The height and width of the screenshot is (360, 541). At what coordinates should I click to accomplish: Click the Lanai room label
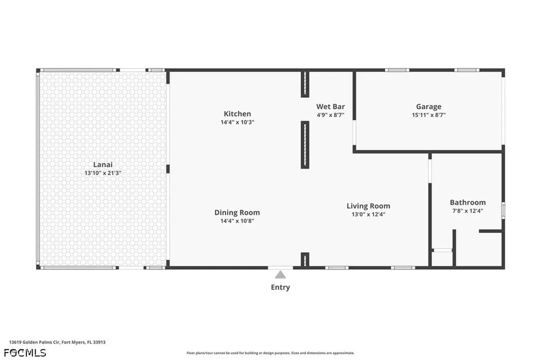click(103, 165)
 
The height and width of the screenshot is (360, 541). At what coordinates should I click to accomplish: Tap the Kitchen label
click(237, 114)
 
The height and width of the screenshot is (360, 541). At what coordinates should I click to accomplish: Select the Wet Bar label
click(331, 107)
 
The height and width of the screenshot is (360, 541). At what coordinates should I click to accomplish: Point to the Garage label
click(428, 107)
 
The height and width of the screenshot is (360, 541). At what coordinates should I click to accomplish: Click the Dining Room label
click(237, 213)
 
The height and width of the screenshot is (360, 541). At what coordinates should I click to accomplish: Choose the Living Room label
click(368, 206)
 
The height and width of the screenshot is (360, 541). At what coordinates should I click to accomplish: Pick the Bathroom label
click(468, 202)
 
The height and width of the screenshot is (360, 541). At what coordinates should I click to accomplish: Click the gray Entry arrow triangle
click(281, 275)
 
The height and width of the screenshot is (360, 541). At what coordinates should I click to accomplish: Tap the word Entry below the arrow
click(280, 287)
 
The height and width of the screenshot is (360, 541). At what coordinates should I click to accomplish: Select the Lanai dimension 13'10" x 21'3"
click(103, 173)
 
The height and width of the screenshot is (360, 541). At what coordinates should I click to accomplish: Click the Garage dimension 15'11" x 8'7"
click(428, 115)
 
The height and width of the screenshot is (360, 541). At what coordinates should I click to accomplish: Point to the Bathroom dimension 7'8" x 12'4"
click(468, 211)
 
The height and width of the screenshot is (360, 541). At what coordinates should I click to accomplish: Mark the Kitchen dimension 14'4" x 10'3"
click(237, 122)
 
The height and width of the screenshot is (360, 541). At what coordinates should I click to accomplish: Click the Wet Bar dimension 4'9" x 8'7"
click(331, 115)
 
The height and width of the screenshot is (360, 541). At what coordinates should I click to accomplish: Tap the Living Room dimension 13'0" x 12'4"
click(368, 214)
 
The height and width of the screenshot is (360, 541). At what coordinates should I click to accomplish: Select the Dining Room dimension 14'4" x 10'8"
click(237, 221)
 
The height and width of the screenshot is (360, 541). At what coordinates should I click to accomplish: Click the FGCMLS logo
click(25, 353)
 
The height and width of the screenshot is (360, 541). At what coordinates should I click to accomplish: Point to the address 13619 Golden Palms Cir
click(35, 343)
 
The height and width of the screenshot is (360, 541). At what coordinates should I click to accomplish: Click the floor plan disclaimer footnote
click(270, 353)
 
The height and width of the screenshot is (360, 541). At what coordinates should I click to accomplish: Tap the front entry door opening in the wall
click(281, 268)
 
